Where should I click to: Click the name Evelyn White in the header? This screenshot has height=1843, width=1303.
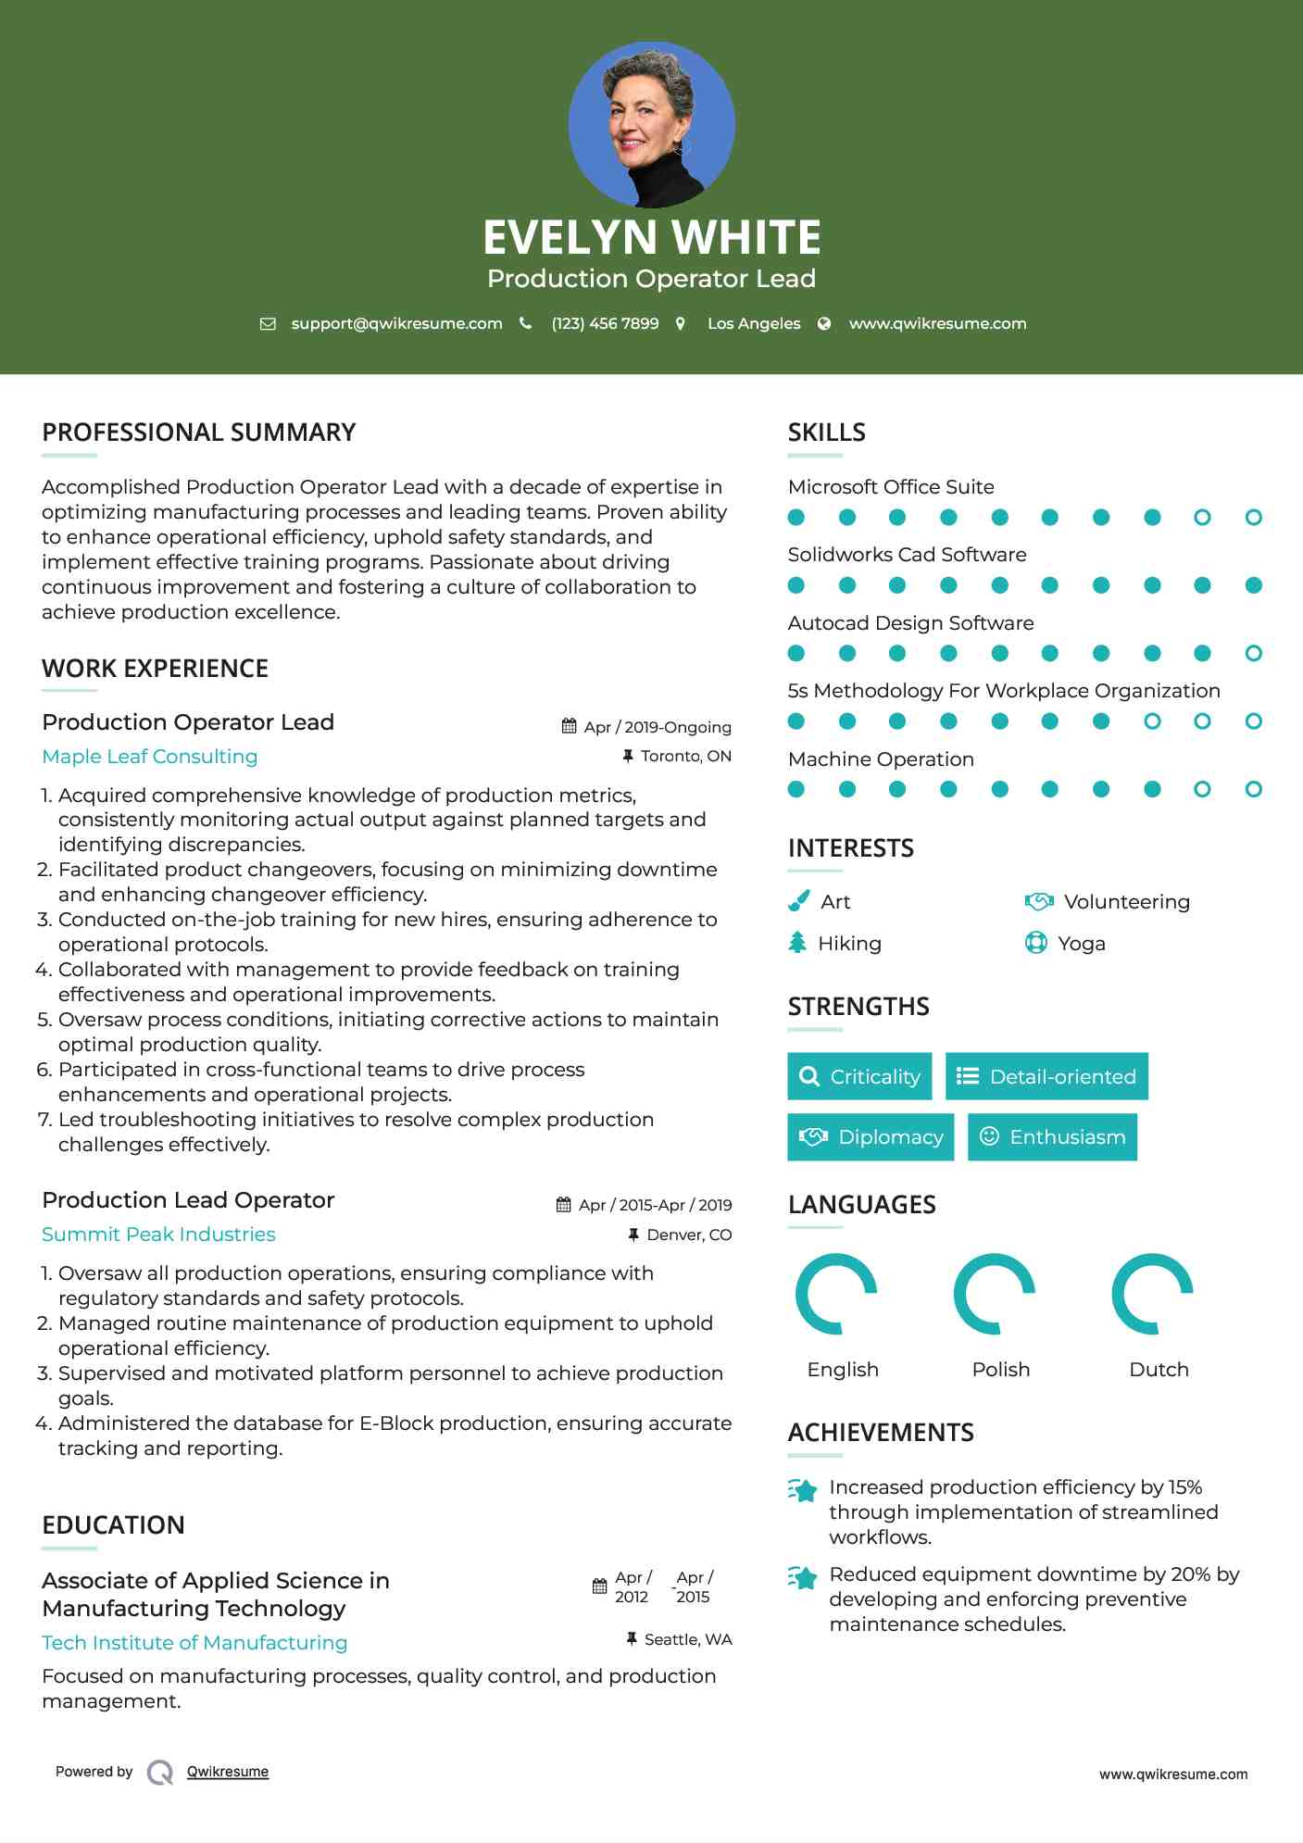click(651, 237)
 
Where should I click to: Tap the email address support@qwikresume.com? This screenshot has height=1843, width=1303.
click(396, 323)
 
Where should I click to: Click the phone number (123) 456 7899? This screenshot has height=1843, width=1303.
click(605, 323)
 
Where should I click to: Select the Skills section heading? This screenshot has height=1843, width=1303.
click(826, 433)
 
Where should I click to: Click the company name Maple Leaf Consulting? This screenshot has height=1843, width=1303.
click(150, 757)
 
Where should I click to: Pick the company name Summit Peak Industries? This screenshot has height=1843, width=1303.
click(158, 1235)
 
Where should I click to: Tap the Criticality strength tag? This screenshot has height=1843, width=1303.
click(859, 1076)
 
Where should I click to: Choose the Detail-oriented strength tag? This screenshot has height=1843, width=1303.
click(1046, 1076)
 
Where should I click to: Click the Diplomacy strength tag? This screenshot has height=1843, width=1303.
click(871, 1137)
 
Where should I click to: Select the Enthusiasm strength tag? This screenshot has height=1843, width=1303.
click(1052, 1137)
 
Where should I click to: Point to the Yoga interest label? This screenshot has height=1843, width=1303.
click(1081, 944)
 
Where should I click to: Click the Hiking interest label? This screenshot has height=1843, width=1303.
click(849, 944)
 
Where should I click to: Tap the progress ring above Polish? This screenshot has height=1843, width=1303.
click(995, 1294)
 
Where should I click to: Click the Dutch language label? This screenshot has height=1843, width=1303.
click(1159, 1370)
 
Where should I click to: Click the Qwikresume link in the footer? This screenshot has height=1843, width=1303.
click(228, 1772)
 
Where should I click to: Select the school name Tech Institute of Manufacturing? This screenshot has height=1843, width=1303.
click(194, 1643)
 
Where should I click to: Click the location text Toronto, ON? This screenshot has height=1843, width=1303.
click(685, 757)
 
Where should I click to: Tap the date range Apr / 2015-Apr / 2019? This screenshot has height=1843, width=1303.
click(655, 1205)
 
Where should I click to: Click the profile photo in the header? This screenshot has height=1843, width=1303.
click(652, 124)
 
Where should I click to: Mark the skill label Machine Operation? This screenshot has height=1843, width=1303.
click(881, 759)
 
